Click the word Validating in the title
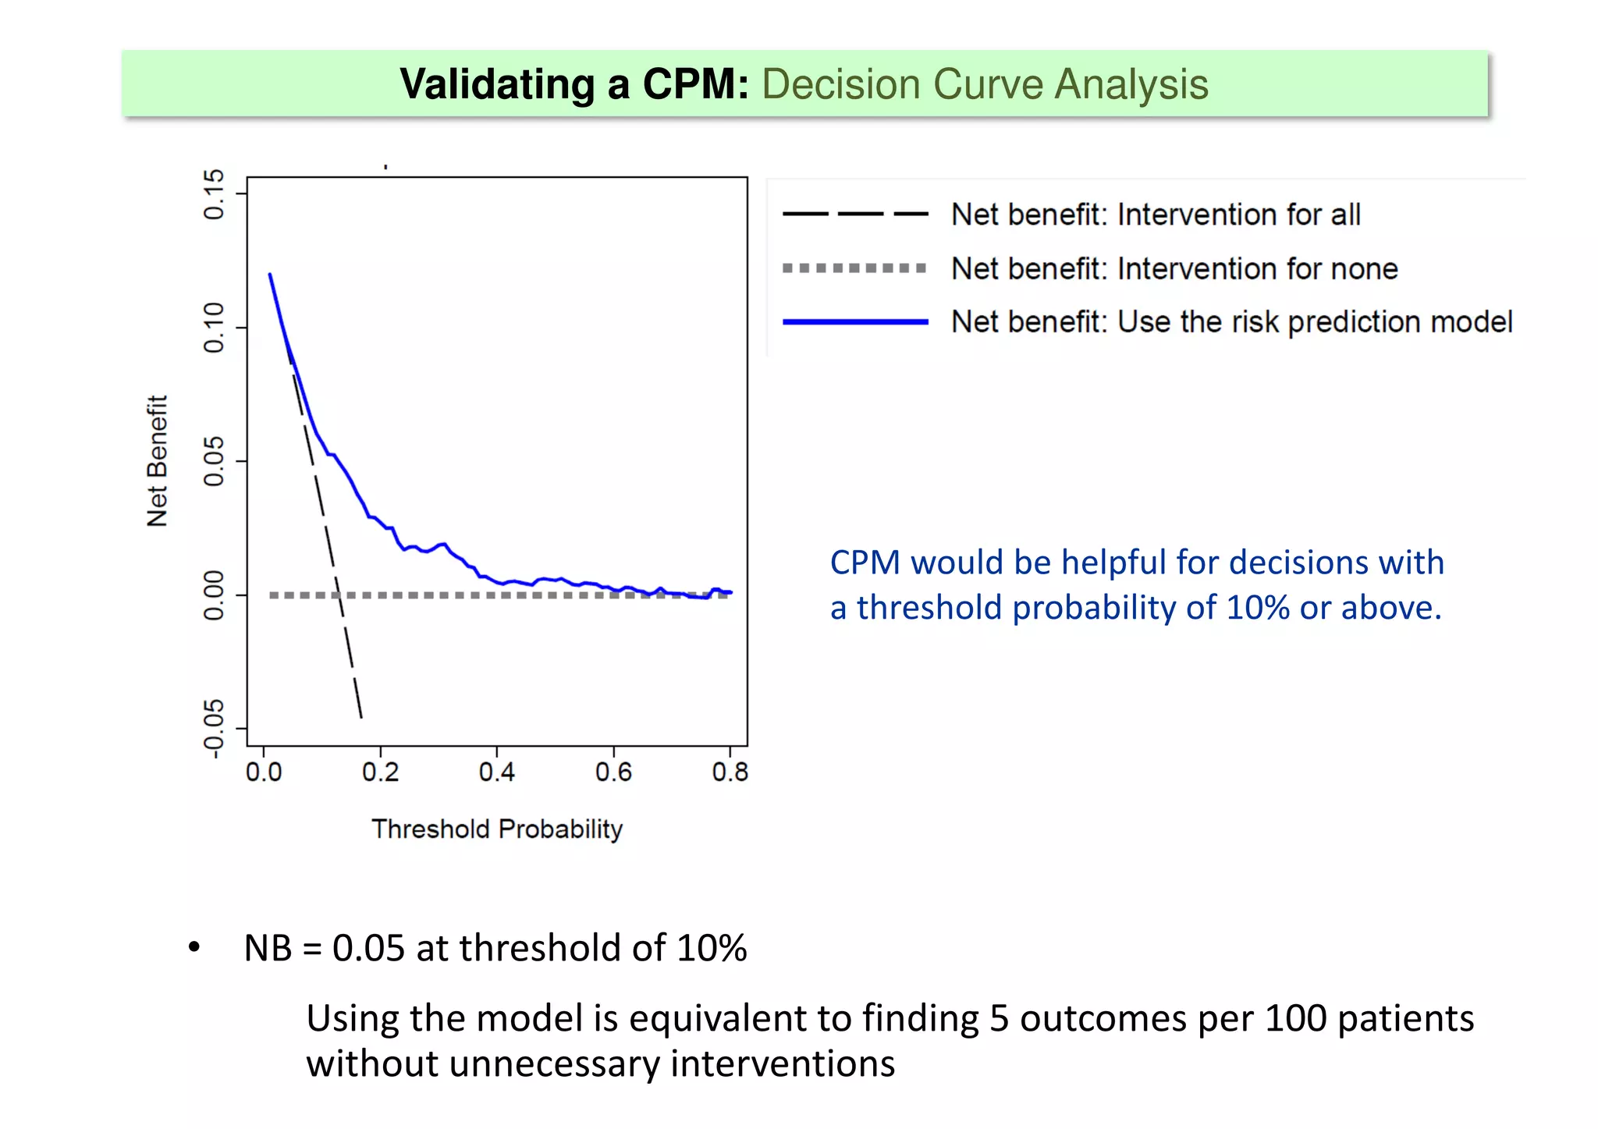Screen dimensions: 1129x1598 (497, 84)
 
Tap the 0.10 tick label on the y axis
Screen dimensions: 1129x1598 (214, 328)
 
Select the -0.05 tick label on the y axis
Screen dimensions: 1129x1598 (214, 729)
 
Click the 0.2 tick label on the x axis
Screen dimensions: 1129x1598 (380, 772)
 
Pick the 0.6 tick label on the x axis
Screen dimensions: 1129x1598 (613, 772)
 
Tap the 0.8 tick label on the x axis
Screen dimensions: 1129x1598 (730, 772)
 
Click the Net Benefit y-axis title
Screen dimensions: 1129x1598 (157, 460)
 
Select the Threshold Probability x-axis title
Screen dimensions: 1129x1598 (497, 829)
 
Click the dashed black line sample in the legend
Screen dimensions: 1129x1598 (855, 214)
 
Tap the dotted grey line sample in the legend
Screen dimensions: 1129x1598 (855, 268)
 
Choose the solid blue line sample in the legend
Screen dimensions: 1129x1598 (855, 321)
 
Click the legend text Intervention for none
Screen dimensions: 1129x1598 (1257, 268)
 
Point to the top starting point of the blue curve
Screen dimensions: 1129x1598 (270, 274)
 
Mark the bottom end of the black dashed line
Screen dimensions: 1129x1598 (361, 717)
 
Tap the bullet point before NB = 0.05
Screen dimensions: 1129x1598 (194, 948)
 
